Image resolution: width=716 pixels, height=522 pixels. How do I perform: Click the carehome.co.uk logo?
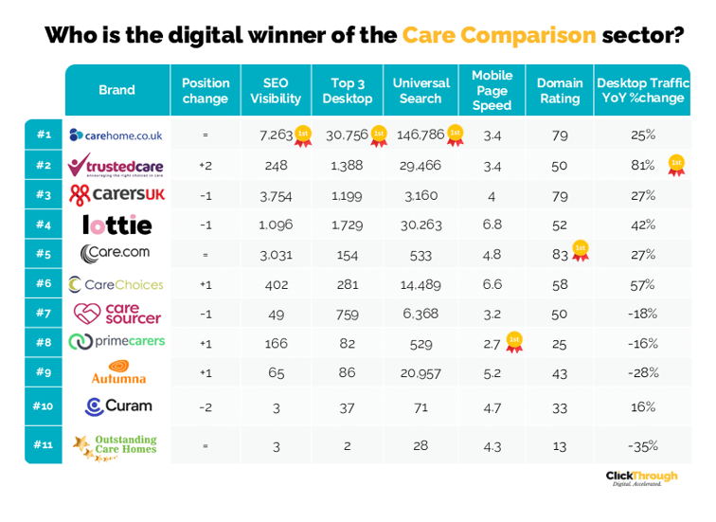[116, 135]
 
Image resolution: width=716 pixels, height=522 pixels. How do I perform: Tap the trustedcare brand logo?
[116, 166]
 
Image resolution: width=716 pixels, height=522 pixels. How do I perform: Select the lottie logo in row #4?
[116, 225]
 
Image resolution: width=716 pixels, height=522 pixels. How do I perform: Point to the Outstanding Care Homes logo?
[116, 444]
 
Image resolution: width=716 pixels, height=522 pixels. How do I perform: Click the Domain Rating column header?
[559, 90]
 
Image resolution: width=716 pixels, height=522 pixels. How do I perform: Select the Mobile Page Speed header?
[492, 90]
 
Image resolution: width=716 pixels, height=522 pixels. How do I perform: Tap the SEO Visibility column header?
[276, 90]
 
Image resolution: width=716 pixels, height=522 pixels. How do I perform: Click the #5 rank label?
[44, 254]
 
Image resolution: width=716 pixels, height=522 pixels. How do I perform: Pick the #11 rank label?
[44, 444]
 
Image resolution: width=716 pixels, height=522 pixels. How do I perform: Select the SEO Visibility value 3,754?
[276, 195]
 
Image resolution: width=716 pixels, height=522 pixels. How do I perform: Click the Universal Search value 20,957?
[421, 373]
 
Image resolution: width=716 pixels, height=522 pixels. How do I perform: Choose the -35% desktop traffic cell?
[643, 444]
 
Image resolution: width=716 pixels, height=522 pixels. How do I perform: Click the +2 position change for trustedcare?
[206, 166]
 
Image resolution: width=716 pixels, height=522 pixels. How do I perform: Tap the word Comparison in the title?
[499, 35]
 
